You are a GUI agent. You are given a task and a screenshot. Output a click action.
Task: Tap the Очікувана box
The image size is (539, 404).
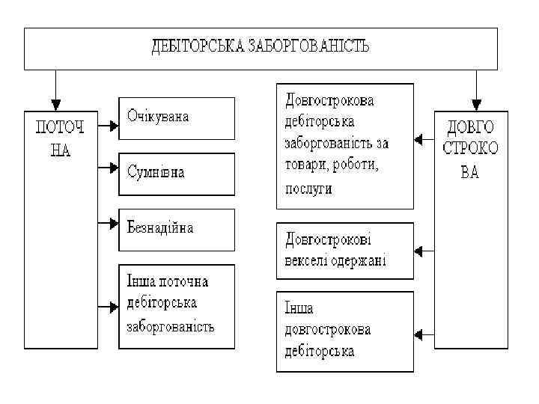(x=176, y=117)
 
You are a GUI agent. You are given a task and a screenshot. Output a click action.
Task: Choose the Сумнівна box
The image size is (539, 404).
(x=176, y=173)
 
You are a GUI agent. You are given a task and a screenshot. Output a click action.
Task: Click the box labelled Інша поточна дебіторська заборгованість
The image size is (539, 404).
(x=176, y=305)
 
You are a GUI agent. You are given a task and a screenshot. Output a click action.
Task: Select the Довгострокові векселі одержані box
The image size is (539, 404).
(x=344, y=251)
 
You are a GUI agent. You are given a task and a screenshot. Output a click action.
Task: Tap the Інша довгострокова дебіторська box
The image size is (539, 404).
(x=344, y=330)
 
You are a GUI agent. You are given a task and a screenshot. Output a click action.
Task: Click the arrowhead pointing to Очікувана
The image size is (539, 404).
(x=114, y=126)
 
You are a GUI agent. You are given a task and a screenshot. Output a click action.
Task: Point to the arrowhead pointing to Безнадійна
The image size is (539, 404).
(x=114, y=221)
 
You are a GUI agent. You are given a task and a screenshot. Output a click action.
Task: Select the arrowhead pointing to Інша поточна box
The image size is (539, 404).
(x=114, y=305)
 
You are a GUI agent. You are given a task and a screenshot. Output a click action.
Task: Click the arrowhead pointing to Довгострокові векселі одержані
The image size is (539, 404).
(x=419, y=251)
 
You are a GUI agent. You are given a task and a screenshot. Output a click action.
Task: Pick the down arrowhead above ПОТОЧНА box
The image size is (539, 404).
(x=55, y=104)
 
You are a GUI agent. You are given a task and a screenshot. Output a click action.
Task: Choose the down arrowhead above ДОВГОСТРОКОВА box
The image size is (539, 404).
(x=476, y=104)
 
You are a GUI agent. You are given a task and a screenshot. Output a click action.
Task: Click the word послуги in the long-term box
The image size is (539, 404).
(x=308, y=190)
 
